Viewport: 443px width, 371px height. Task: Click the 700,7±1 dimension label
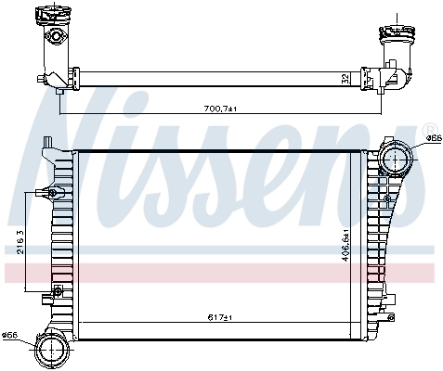point(221,109)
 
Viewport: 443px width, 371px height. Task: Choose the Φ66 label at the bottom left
point(10,335)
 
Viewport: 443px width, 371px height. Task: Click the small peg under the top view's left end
point(60,90)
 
